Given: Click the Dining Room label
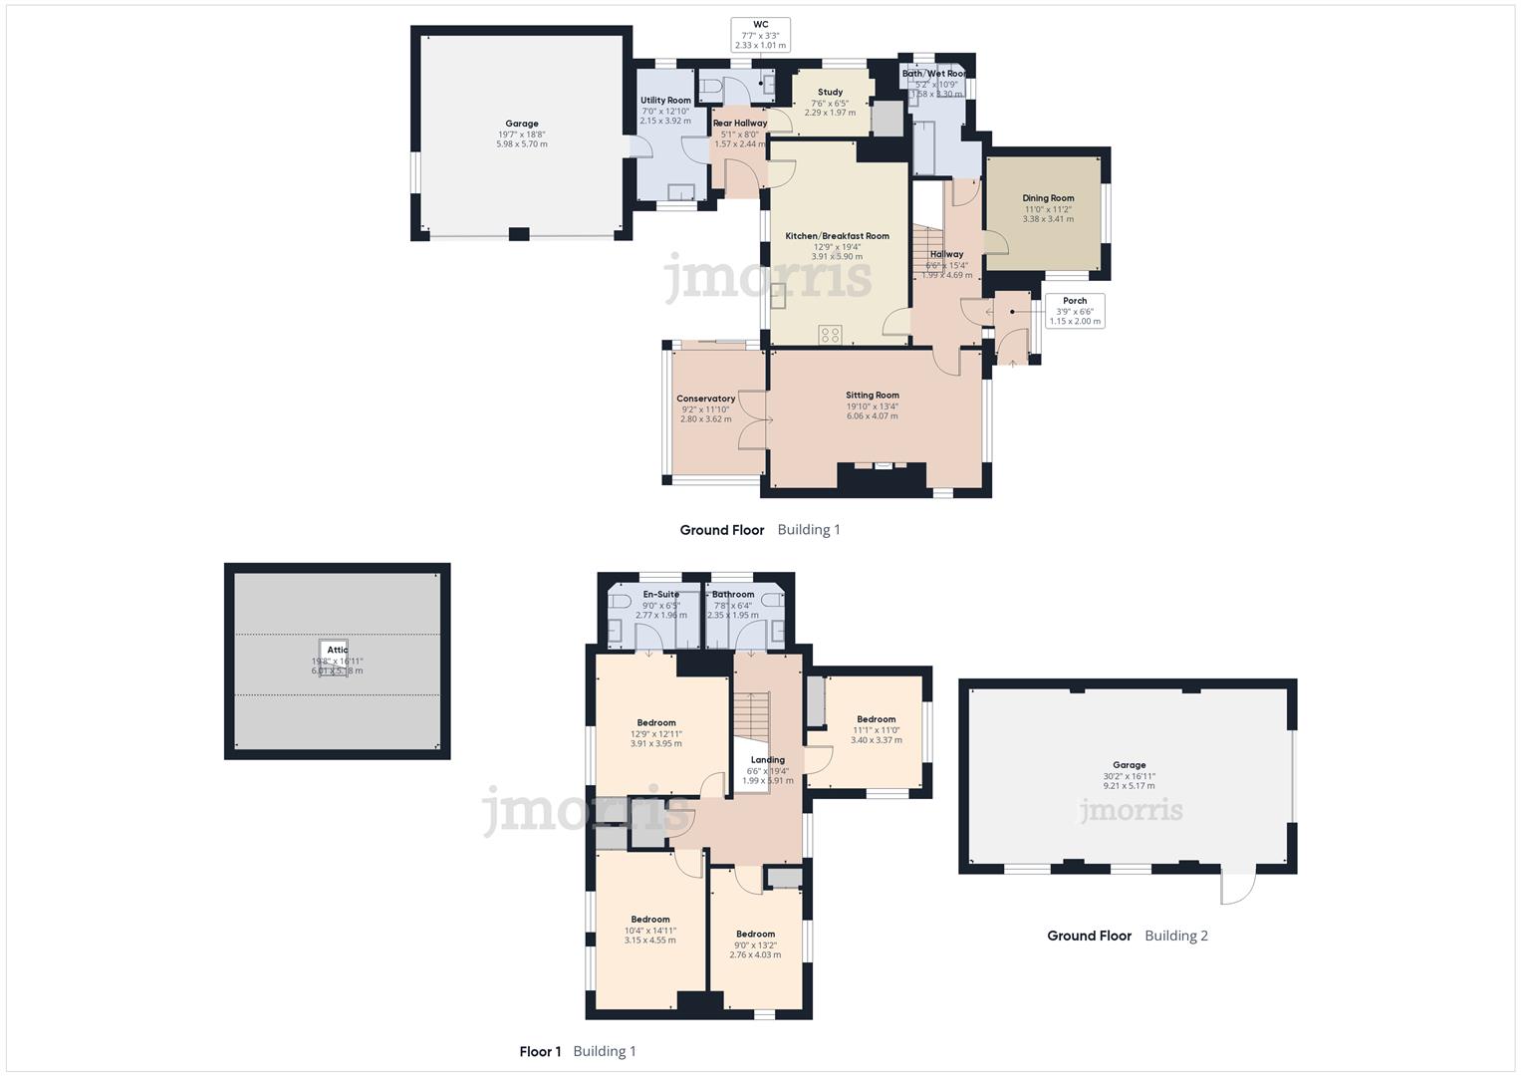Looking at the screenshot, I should [1048, 198].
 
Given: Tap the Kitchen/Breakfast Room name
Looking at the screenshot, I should [837, 236].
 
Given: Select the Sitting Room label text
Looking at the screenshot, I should [873, 396].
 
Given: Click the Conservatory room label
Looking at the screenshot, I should [705, 399].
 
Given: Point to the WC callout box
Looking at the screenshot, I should [760, 35].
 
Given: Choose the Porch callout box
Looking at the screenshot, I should [1075, 311].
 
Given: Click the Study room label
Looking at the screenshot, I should [830, 93].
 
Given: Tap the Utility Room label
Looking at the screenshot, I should [665, 101].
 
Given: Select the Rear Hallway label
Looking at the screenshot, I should [740, 124].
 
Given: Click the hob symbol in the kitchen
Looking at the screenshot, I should [831, 335].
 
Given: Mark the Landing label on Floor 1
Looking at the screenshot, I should [767, 760].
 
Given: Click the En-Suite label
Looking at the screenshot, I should [660, 595].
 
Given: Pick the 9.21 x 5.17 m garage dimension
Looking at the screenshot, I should [1129, 786].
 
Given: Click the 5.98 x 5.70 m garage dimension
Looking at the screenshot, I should [521, 144].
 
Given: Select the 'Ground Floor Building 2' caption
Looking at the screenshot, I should [1127, 936].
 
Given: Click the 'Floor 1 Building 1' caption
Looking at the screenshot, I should [577, 1051].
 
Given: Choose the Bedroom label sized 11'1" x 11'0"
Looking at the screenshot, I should [876, 719].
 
